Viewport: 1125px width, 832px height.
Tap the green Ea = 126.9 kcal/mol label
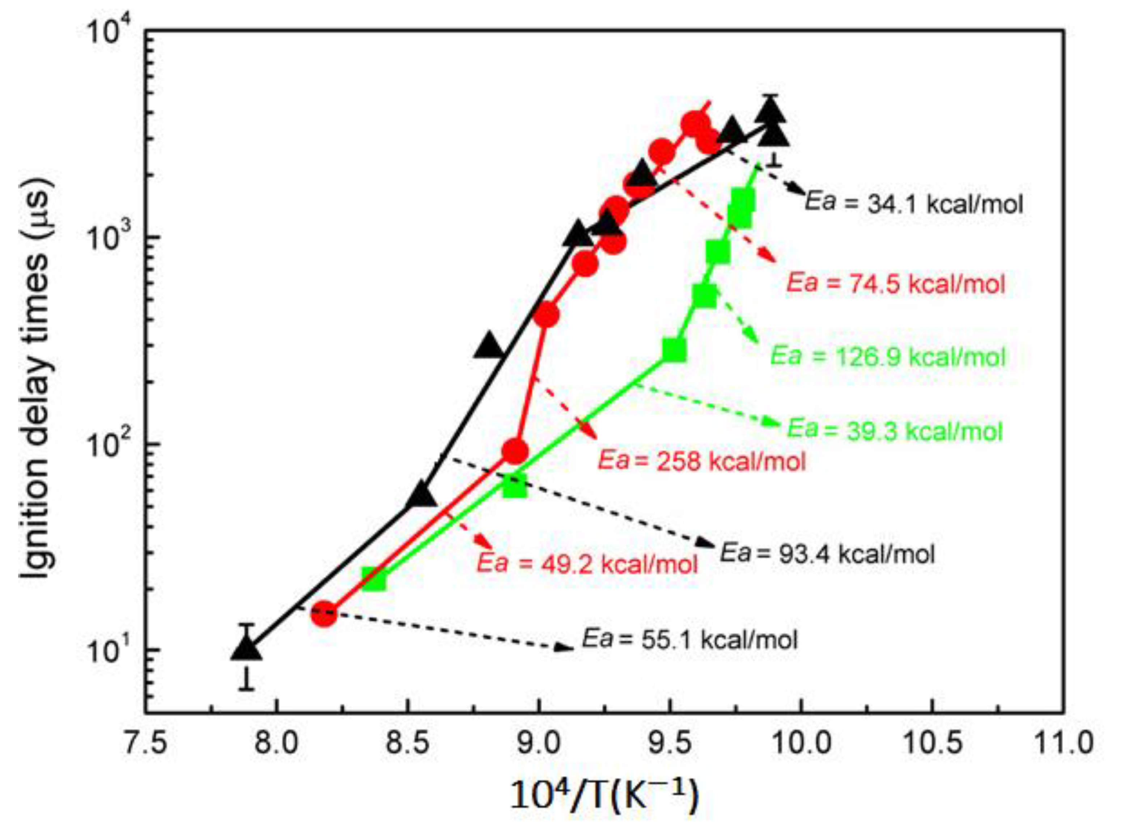[x=888, y=357]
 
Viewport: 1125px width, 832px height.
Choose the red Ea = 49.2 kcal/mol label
[x=587, y=564]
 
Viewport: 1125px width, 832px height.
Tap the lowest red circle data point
[x=323, y=615]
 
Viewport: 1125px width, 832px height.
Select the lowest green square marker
[x=374, y=579]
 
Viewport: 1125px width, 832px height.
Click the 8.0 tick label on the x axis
[x=275, y=743]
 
